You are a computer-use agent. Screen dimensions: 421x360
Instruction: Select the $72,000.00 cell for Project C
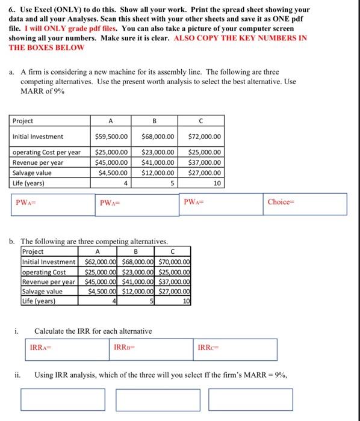(x=205, y=137)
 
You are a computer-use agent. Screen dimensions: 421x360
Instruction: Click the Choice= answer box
(x=306, y=203)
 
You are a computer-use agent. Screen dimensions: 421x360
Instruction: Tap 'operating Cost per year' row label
(x=46, y=152)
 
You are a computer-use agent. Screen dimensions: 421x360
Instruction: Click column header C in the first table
(x=205, y=120)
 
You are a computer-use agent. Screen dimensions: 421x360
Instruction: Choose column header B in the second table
(x=135, y=252)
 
